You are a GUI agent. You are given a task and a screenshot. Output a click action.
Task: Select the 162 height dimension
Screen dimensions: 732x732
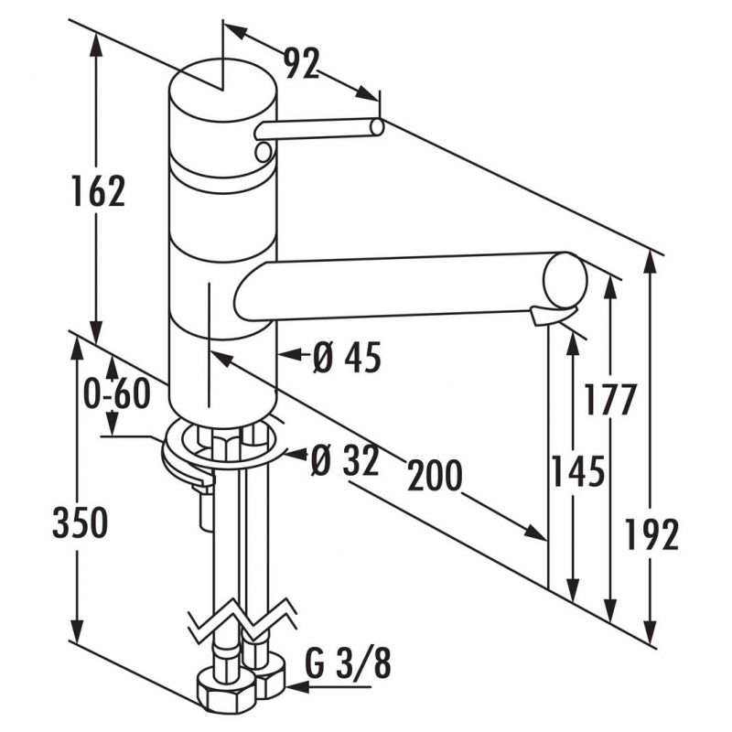(98, 192)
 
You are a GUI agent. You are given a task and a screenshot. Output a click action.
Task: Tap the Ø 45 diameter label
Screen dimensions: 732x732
(346, 358)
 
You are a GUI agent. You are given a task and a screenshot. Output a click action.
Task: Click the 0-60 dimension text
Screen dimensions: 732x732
(115, 395)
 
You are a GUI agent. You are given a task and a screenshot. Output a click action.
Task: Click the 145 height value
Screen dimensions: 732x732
(578, 473)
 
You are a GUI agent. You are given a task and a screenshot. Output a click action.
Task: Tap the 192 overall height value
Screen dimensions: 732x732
(653, 534)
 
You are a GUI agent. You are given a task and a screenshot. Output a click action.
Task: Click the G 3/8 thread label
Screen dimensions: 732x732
(347, 665)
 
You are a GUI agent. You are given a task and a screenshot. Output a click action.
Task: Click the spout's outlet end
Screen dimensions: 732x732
(564, 280)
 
